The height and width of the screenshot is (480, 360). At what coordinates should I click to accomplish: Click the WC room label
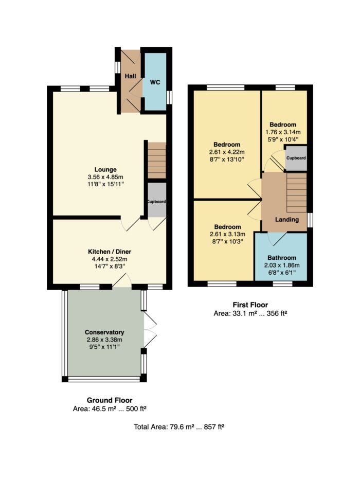click(x=155, y=82)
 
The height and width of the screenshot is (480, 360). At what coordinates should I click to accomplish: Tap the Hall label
click(x=131, y=76)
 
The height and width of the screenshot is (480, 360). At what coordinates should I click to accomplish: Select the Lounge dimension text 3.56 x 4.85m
click(x=105, y=177)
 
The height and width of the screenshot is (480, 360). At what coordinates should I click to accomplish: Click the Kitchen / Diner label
click(x=110, y=252)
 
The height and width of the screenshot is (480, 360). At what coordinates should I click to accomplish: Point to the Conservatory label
click(x=104, y=332)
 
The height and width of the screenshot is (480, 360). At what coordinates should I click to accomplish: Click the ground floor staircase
click(x=157, y=160)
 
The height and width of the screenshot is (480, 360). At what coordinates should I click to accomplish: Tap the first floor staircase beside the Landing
click(x=297, y=192)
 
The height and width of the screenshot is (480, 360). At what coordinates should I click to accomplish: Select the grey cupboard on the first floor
click(x=296, y=158)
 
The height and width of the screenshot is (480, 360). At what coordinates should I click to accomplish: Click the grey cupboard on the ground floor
click(x=157, y=200)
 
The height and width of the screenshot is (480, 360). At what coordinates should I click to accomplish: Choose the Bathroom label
click(x=282, y=258)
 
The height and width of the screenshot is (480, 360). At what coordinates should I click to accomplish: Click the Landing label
click(x=287, y=220)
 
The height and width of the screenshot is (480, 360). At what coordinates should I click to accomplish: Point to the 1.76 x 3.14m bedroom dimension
click(x=283, y=132)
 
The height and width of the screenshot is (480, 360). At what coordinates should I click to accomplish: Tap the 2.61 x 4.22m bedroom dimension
click(x=227, y=152)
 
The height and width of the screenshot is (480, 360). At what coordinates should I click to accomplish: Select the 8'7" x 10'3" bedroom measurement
click(x=227, y=241)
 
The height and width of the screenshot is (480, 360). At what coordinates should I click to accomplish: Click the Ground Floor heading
click(x=110, y=400)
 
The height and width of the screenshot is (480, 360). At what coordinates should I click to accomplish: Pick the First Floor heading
click(x=250, y=305)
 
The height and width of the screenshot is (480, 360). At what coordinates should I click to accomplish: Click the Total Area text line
click(x=179, y=426)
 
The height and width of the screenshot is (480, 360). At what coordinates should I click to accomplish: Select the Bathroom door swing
click(x=277, y=239)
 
